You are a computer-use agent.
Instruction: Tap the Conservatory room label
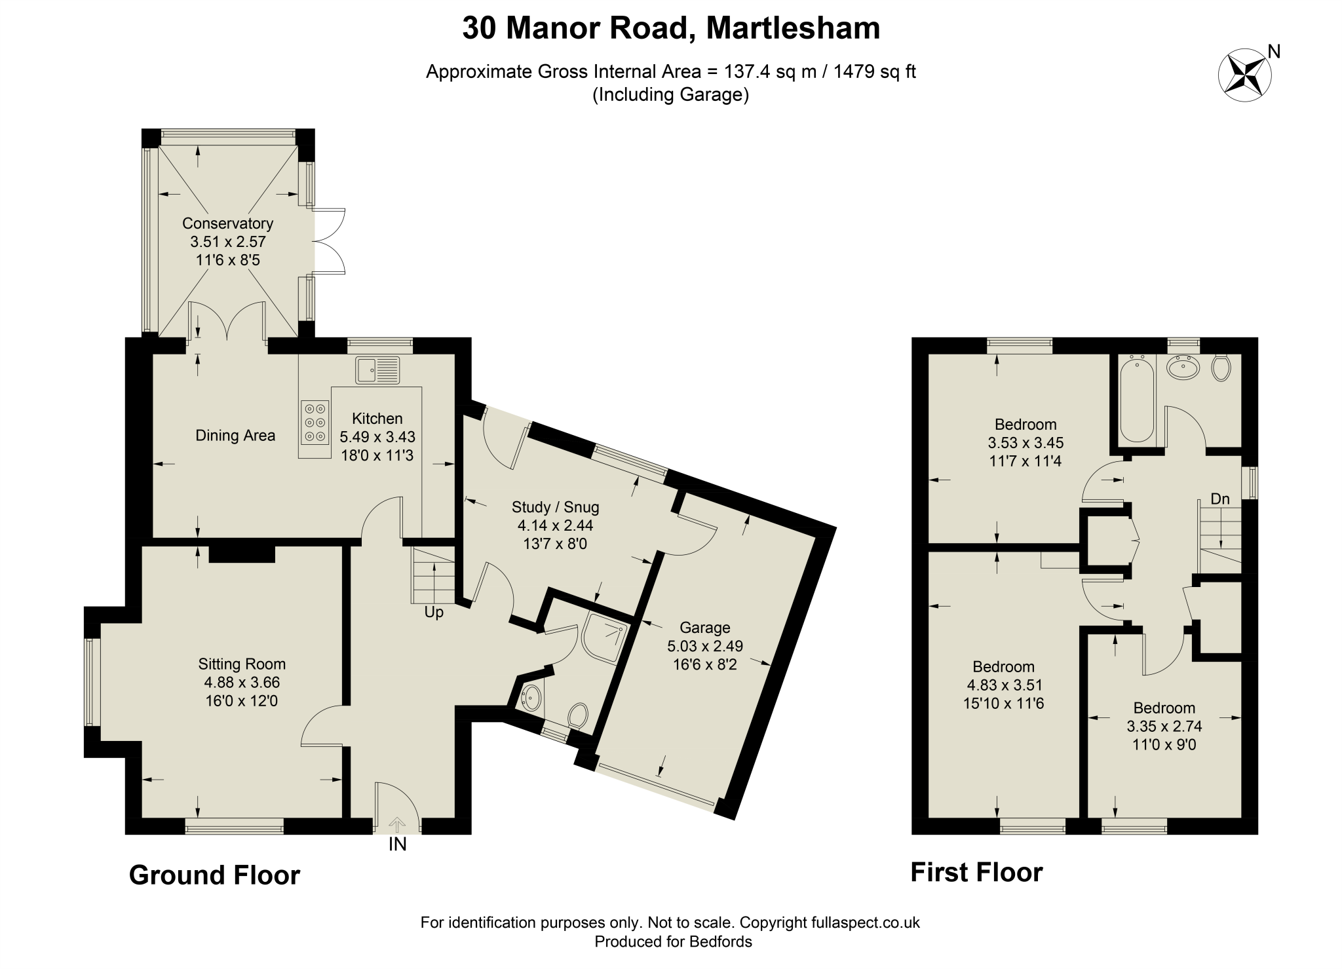(x=227, y=223)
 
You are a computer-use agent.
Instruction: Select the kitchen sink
(x=377, y=370)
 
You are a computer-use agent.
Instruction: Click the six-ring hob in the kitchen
(x=315, y=421)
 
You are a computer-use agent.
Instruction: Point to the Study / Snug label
(x=556, y=507)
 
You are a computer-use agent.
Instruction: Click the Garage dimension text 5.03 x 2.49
(x=705, y=646)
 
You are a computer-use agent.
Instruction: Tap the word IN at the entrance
(x=398, y=845)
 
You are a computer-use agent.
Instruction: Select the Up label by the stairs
(x=434, y=612)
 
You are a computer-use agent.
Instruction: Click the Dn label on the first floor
(x=1220, y=499)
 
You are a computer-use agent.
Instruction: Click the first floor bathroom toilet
(x=1221, y=368)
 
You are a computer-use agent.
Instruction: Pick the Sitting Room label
(x=242, y=664)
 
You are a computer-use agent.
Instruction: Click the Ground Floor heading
(x=214, y=875)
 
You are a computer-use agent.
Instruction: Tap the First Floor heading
(x=976, y=873)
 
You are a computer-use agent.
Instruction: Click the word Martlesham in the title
(x=793, y=28)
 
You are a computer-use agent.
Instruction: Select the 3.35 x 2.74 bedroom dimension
(x=1164, y=727)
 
